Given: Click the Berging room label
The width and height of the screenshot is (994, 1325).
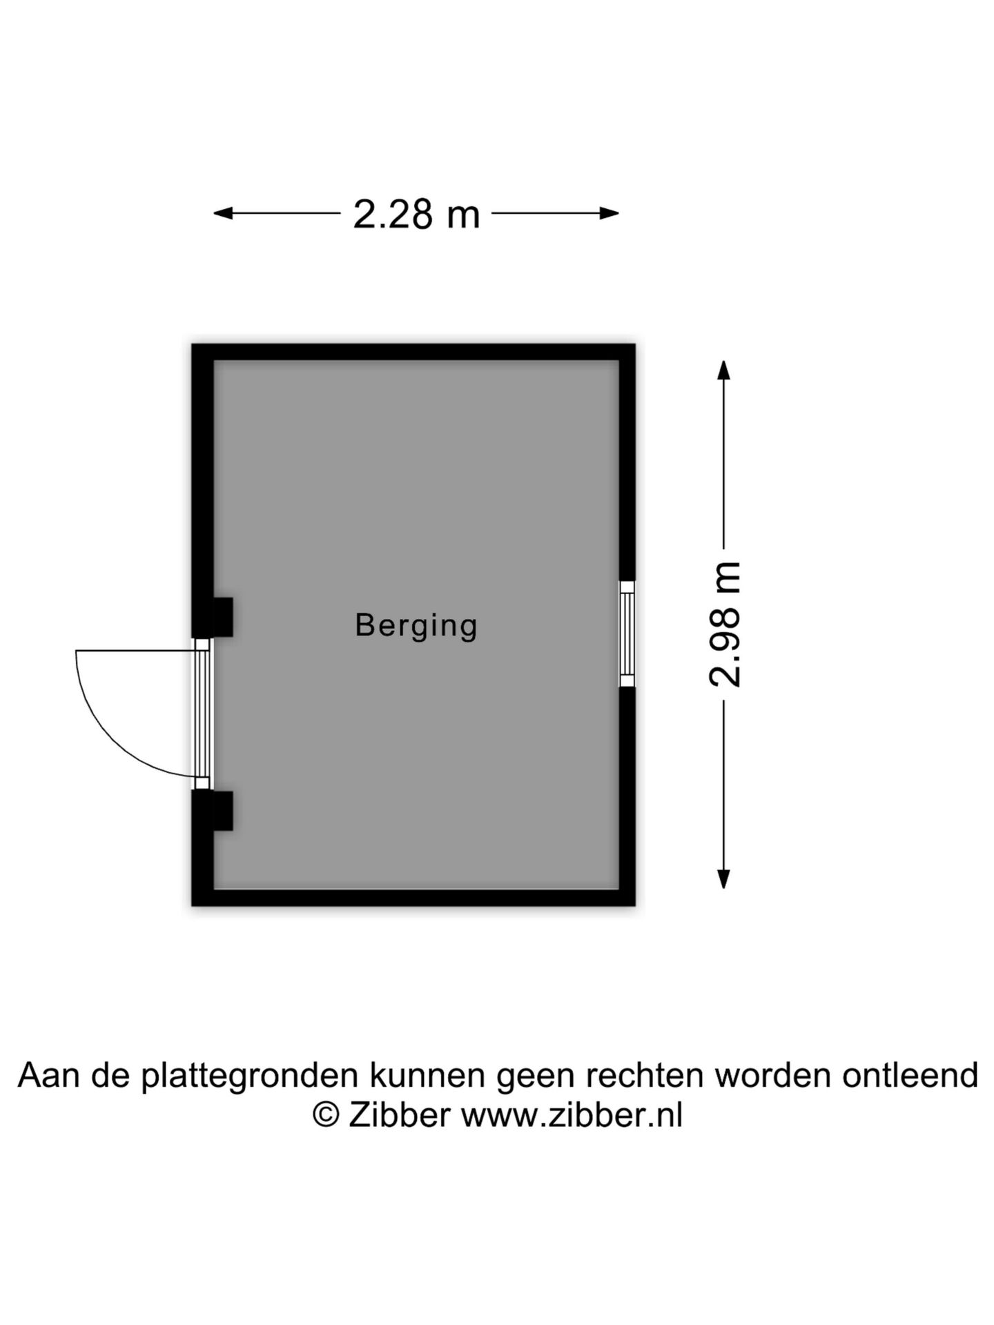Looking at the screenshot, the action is [416, 626].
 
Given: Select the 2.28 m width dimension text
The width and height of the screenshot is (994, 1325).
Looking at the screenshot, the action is [416, 214].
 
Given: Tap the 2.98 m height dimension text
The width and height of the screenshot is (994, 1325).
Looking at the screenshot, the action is [725, 625].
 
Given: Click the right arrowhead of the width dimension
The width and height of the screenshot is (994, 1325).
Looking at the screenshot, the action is [609, 213].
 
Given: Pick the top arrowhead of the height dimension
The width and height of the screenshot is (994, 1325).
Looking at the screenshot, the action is [723, 371].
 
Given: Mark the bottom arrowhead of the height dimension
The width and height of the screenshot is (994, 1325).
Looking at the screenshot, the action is [723, 879].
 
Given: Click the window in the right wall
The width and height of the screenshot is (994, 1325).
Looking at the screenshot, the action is [627, 634].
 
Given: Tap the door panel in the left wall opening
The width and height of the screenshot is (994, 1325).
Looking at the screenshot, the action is [202, 714].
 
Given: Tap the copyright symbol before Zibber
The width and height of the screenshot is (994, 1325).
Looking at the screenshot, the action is [326, 1115].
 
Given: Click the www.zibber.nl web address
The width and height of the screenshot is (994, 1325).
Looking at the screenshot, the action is [572, 1115].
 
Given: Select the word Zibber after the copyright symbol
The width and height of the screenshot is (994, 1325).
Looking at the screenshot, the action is [400, 1115].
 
